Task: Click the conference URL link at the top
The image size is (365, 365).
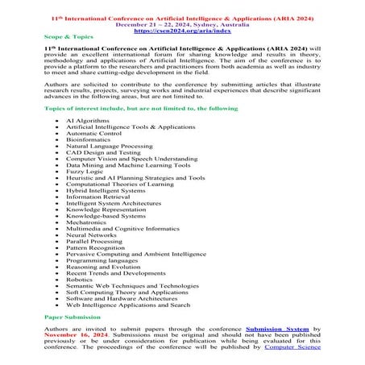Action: click(x=182, y=30)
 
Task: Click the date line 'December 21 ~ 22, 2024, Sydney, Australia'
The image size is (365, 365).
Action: click(x=182, y=23)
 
